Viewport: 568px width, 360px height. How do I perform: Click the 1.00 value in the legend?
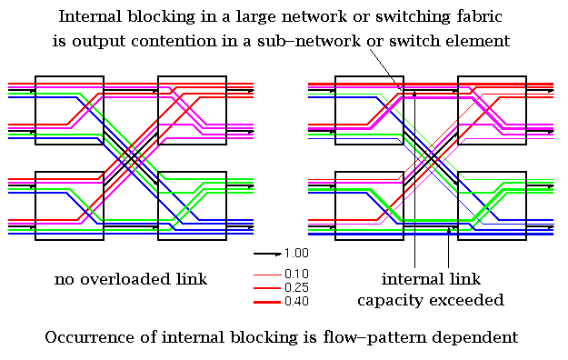(x=296, y=254)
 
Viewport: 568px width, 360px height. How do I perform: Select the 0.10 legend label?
(x=296, y=274)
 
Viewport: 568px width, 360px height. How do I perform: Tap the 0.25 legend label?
(x=296, y=287)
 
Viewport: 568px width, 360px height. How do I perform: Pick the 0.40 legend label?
(x=296, y=301)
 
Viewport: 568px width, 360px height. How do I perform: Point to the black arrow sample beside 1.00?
(x=266, y=254)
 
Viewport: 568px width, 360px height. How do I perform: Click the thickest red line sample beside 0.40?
(x=266, y=301)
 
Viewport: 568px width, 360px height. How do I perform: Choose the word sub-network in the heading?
(x=320, y=40)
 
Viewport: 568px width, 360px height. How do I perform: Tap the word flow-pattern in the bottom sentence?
(x=381, y=336)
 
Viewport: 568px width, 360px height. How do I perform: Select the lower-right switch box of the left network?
(x=193, y=205)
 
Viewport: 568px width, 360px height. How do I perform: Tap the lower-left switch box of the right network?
(x=369, y=205)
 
